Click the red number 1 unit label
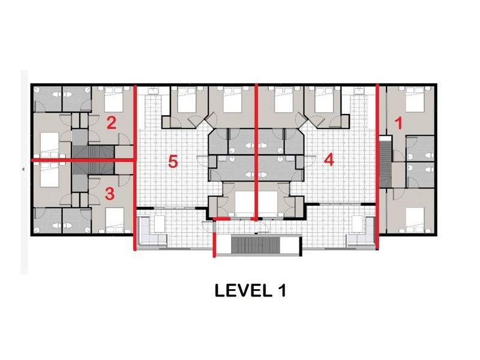coord(398,124)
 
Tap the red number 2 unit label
coord(111,123)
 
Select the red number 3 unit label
coord(110,194)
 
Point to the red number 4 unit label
coord(329,160)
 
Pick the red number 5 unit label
coord(173,161)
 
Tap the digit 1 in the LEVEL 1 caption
coord(282,290)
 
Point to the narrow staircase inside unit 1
coord(385,161)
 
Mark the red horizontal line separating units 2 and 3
coord(83,160)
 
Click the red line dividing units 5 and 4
coord(256,152)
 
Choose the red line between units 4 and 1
coord(377,167)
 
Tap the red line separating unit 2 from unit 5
coord(135,167)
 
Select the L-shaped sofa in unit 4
coord(361,232)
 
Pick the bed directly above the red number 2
coord(114,99)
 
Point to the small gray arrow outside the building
coord(23,169)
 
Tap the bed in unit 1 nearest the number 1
coord(415,99)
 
